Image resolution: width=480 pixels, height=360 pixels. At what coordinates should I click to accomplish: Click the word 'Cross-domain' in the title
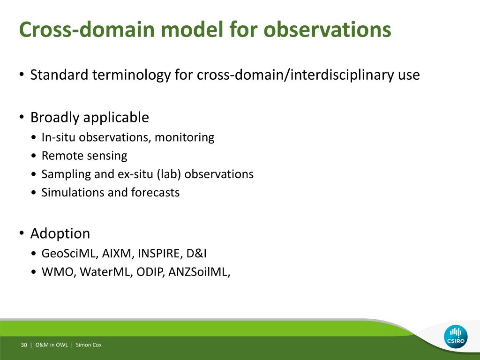click(x=87, y=30)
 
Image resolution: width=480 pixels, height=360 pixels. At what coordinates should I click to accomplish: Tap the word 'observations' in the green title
click(x=327, y=30)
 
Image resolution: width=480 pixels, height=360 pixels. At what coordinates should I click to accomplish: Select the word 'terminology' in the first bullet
click(x=131, y=75)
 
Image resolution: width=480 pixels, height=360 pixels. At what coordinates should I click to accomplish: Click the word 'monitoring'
click(x=185, y=137)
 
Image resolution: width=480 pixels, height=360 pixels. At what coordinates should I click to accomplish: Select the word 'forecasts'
click(x=155, y=192)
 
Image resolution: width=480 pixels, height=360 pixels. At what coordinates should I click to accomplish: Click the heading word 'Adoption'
click(x=60, y=234)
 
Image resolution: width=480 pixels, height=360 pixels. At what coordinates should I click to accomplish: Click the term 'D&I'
click(x=196, y=254)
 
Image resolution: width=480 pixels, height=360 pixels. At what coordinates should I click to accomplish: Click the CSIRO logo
click(x=456, y=337)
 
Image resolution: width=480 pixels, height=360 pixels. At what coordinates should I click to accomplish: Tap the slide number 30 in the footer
click(x=24, y=345)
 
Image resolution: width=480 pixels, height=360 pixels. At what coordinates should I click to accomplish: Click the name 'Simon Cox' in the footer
click(x=89, y=345)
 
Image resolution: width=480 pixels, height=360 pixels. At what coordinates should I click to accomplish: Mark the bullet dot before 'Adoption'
click(x=22, y=233)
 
